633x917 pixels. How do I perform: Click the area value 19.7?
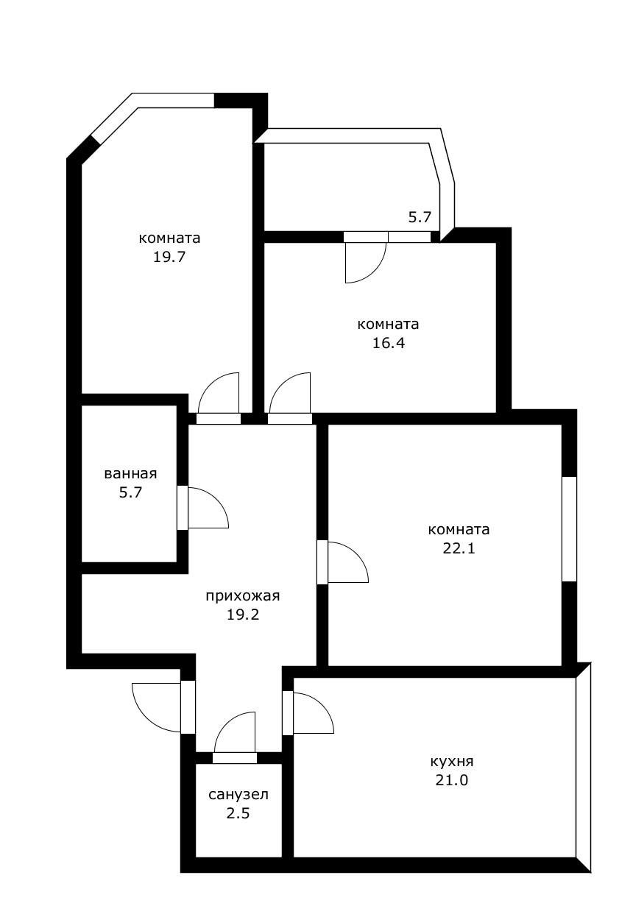click(169, 258)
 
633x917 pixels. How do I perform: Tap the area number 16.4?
click(389, 343)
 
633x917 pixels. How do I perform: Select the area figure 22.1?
click(459, 548)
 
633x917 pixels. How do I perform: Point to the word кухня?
click(452, 762)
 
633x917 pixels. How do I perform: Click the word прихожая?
click(243, 596)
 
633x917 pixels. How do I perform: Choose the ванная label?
click(130, 474)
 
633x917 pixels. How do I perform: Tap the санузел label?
click(238, 795)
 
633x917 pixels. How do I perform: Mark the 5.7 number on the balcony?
click(420, 217)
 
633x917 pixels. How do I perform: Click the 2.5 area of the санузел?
click(238, 813)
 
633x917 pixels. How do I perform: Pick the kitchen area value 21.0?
click(452, 780)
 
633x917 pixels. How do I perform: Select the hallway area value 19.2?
click(243, 615)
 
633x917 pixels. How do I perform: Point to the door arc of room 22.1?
click(348, 562)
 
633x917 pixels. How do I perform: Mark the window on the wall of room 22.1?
click(569, 529)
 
